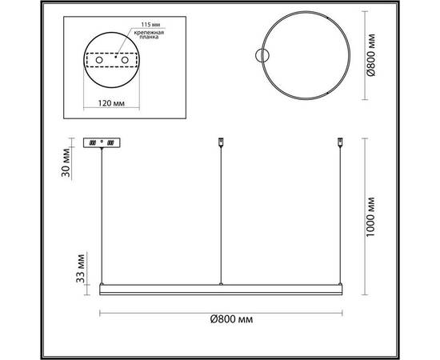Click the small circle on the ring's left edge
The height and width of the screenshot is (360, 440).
[x=261, y=56]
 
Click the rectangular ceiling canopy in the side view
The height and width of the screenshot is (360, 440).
[x=103, y=143]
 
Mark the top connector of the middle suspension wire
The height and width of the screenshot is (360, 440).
[x=221, y=145]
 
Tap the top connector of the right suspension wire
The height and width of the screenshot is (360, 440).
[x=340, y=145]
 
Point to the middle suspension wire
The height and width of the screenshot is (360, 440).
[x=221, y=216]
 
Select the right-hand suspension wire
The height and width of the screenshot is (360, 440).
[x=340, y=216]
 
